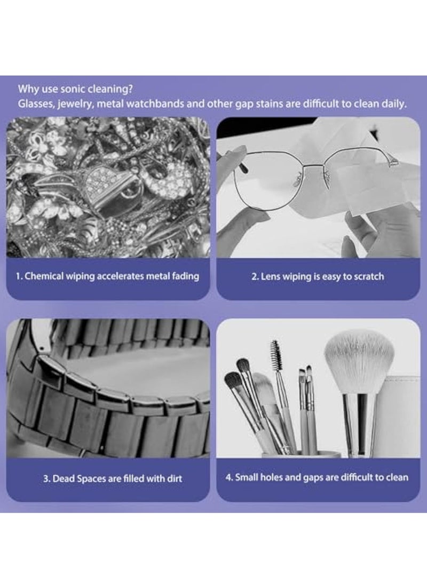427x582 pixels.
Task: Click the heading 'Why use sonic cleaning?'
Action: coord(75,89)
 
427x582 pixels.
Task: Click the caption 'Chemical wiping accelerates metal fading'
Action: coord(107,276)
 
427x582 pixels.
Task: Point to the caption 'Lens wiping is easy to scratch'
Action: coord(318,276)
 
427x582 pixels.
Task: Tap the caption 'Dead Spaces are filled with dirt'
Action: coord(113,479)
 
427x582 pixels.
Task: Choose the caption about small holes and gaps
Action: coord(317,477)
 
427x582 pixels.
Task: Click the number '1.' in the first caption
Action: coord(19,276)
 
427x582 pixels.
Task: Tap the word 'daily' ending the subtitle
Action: coord(394,103)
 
